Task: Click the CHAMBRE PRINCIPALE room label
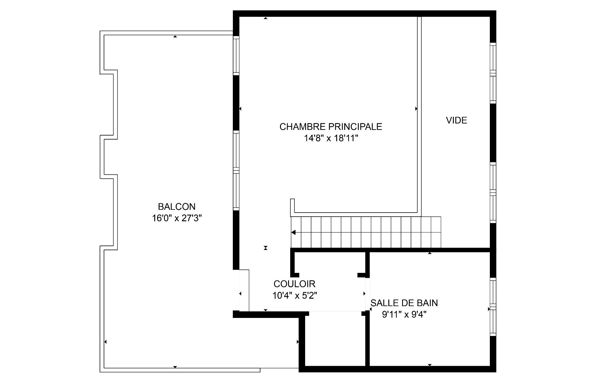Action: click(331, 127)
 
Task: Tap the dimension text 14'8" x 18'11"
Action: click(331, 138)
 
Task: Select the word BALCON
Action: click(177, 207)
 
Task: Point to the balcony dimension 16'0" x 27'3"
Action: click(177, 218)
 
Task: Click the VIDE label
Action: click(456, 120)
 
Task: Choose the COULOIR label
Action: click(294, 284)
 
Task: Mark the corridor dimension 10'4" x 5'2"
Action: click(295, 296)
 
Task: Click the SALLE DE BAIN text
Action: click(404, 303)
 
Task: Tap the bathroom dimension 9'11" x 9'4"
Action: click(404, 315)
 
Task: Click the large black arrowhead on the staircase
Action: click(293, 232)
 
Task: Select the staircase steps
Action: click(366, 232)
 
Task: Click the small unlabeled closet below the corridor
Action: click(335, 340)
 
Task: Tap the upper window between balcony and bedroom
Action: click(236, 55)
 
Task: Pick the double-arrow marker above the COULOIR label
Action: click(265, 248)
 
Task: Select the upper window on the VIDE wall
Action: click(493, 73)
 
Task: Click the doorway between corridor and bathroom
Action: click(367, 294)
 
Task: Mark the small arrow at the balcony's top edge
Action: click(175, 37)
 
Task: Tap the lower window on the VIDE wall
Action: click(493, 193)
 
